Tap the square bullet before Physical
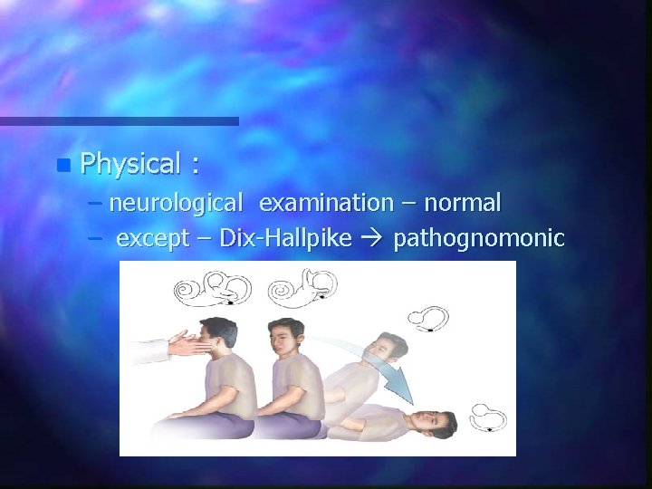(61, 166)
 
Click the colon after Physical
(195, 167)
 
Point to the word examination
(326, 204)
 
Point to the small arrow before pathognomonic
(378, 240)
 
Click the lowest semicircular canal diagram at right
(481, 417)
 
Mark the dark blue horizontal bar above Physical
(119, 120)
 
